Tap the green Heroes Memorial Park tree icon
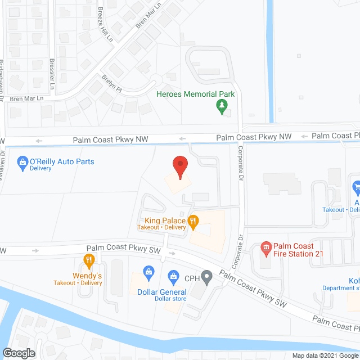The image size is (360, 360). (222, 105)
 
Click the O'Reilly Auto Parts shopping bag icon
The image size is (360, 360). (22, 162)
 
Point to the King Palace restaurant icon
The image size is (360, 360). (193, 221)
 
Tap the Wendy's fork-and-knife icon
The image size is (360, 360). (88, 260)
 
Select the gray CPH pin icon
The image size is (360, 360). (207, 276)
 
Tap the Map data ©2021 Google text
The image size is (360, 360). (325, 355)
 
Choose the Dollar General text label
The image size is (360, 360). (162, 292)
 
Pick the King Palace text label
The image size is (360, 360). (165, 220)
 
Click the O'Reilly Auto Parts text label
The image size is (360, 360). (62, 161)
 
